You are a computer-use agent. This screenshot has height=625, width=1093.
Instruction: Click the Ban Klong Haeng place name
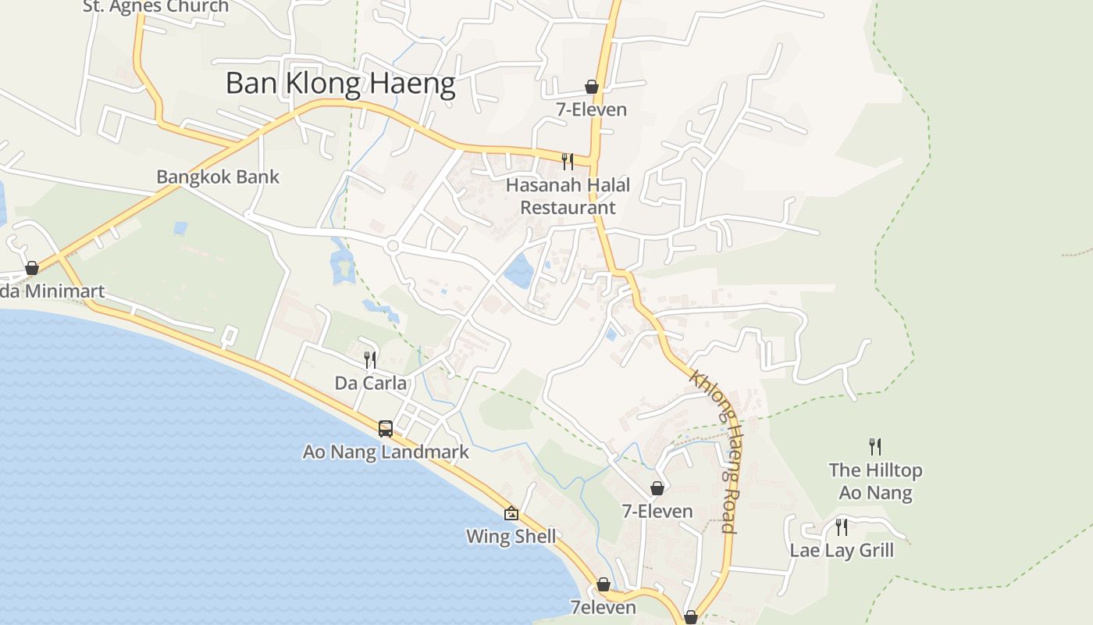(x=340, y=83)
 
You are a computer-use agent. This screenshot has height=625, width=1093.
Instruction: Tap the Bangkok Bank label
(x=218, y=177)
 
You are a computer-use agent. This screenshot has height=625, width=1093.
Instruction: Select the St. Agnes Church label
(x=156, y=6)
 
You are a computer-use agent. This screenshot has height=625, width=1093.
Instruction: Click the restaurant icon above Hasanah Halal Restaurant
(x=568, y=162)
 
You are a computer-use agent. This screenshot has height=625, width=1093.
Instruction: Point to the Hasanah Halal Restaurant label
(x=568, y=196)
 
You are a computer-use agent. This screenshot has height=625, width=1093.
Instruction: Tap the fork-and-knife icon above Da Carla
(x=370, y=360)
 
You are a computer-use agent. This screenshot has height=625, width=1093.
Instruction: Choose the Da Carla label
(x=371, y=383)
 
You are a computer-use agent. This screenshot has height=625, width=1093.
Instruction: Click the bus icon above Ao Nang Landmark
(x=386, y=428)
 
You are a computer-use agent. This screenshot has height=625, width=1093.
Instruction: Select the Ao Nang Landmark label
(x=386, y=452)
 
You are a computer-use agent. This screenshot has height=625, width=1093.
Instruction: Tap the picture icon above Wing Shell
(x=511, y=513)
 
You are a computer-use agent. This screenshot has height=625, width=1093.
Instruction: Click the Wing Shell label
(x=511, y=537)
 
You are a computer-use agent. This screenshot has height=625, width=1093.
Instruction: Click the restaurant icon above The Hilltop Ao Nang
(x=875, y=447)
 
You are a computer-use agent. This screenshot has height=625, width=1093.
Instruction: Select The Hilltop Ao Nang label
(x=875, y=481)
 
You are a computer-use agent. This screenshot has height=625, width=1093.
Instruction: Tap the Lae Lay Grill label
(x=842, y=550)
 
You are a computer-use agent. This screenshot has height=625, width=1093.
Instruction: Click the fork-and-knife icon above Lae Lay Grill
(x=841, y=527)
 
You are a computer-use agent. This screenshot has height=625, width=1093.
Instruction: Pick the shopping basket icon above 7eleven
(x=603, y=584)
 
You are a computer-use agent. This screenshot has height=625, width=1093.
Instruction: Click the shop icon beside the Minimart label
(x=32, y=268)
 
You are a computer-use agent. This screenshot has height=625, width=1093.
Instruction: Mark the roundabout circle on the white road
(x=393, y=246)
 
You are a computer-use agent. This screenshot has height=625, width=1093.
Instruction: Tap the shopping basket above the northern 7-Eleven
(x=592, y=87)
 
